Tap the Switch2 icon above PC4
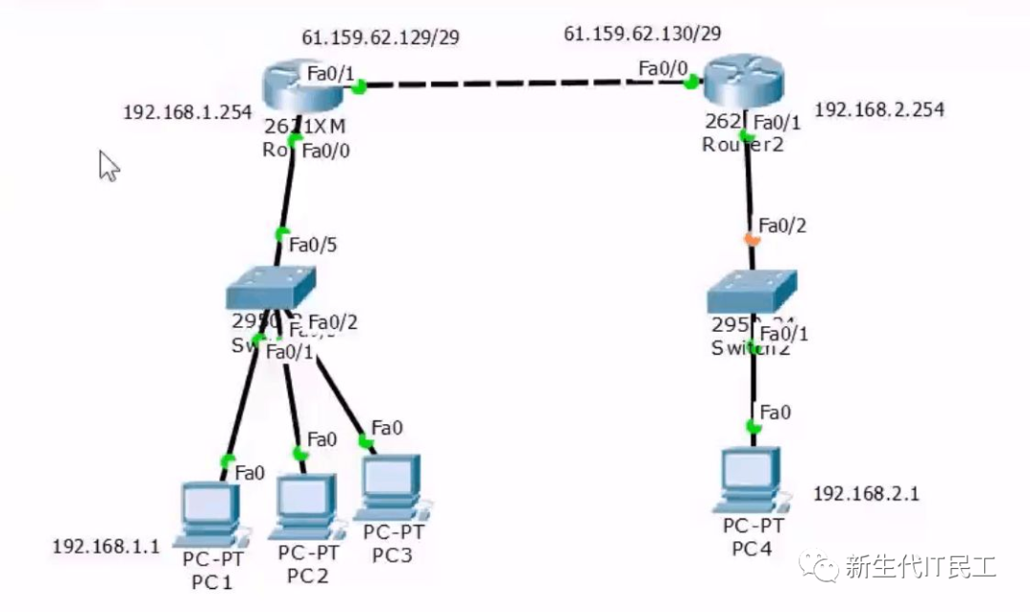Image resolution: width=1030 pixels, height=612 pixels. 752,291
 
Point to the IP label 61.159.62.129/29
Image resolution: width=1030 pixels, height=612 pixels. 381,37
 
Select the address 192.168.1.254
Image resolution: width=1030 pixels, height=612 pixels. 187,112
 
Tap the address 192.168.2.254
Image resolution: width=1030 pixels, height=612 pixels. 879,110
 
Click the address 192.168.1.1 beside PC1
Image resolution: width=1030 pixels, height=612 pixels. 106,546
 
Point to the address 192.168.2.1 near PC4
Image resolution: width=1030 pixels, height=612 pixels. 866,494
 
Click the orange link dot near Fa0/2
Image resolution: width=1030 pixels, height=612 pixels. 751,238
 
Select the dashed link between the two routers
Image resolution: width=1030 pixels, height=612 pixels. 525,85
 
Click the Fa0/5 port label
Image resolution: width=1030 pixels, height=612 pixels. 313,245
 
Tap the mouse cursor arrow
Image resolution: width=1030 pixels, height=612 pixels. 109,165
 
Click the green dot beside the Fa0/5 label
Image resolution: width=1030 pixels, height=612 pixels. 281,234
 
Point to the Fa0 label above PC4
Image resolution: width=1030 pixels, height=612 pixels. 775,413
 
